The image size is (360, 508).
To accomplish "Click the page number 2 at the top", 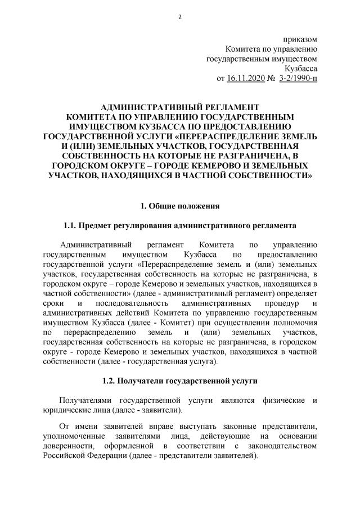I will pyautogui.click(x=179, y=16).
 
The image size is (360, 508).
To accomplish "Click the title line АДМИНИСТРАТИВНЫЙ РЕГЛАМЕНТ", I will pyautogui.click(x=179, y=107).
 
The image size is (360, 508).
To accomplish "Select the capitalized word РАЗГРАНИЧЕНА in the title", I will pyautogui.click(x=242, y=156).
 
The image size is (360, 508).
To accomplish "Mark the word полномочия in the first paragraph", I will pyautogui.click(x=298, y=324).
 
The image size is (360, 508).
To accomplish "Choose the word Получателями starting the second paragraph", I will pyautogui.click(x=85, y=400).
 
